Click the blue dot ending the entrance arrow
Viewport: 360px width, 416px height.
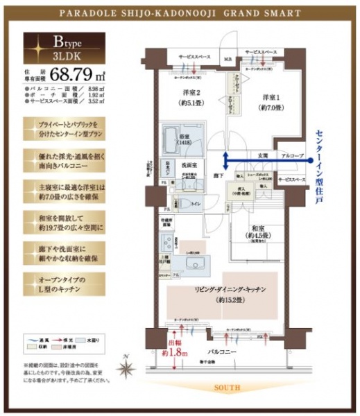225,159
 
